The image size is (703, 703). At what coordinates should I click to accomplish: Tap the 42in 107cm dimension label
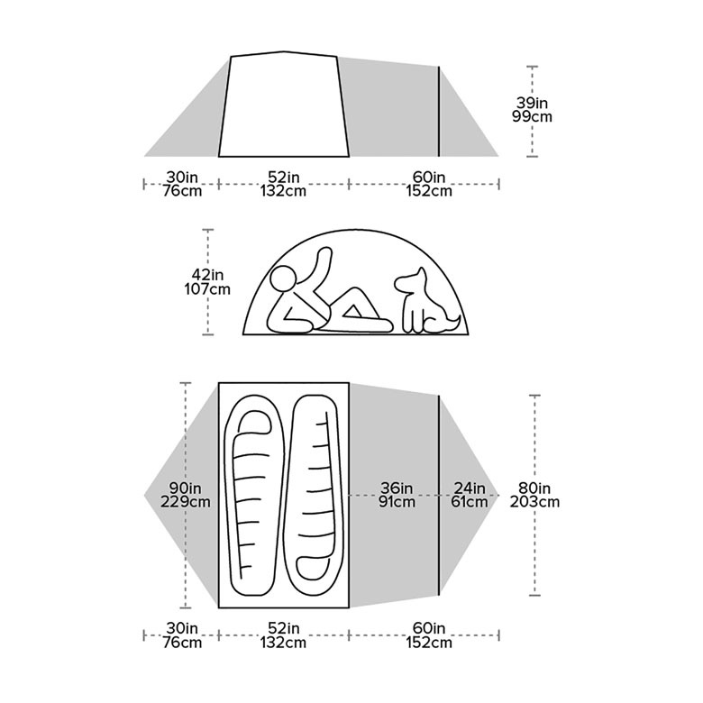tap(207, 281)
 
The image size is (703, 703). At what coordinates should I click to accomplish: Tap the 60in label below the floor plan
tap(429, 628)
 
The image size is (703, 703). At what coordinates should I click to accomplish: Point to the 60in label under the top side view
tap(429, 176)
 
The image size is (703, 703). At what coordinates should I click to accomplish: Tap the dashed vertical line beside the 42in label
tap(208, 315)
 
